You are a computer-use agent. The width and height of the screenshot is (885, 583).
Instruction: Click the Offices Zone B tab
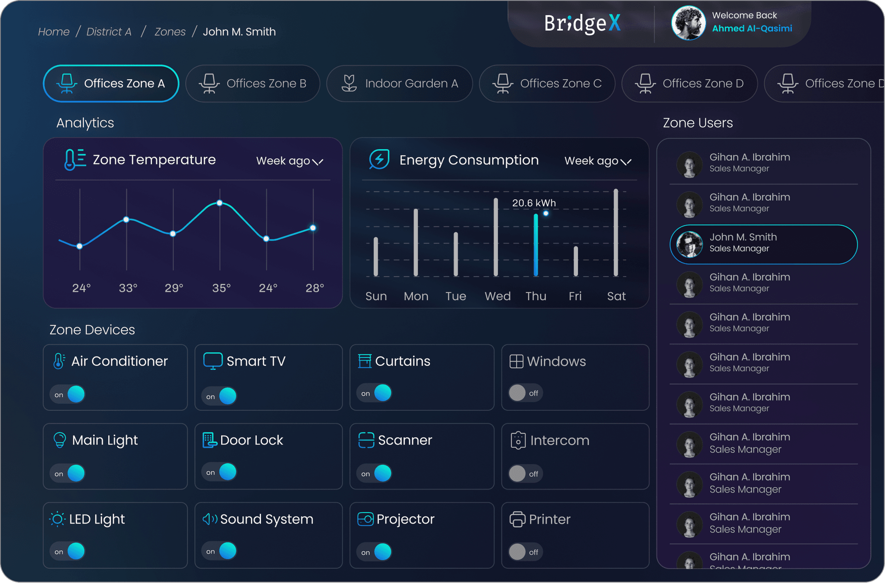[253, 83]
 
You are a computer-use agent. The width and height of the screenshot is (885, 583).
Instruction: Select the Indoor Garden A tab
[399, 83]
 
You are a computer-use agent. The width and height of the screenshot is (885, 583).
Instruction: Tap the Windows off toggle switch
[525, 393]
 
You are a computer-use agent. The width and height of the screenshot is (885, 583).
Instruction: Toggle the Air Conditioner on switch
[68, 394]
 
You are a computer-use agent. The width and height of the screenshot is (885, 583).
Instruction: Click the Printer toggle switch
[525, 552]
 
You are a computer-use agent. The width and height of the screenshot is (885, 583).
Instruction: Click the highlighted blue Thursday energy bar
[536, 245]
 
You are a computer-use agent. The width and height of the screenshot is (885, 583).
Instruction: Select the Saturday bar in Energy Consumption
[615, 233]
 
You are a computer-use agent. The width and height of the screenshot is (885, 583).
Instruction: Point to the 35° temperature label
[221, 288]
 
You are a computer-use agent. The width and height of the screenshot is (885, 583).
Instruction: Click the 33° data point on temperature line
[126, 220]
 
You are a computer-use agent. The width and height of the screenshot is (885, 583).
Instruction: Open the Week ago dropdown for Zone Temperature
[289, 161]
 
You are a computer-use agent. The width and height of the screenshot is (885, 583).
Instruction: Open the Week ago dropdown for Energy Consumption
[597, 161]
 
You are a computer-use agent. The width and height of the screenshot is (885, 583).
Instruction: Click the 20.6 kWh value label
[534, 203]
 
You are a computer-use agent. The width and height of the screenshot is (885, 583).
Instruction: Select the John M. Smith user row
[763, 244]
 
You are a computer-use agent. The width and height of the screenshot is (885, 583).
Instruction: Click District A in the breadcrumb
[109, 32]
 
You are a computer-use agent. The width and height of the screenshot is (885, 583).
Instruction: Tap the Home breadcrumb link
[53, 32]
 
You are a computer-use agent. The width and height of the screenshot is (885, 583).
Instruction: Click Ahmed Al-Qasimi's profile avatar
[688, 23]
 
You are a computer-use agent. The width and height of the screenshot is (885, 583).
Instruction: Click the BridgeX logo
[582, 23]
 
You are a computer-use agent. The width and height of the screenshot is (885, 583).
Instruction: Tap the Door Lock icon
[209, 440]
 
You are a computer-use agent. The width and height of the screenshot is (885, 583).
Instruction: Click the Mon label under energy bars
[416, 296]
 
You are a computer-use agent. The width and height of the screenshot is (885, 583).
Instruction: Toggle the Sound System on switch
[220, 551]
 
